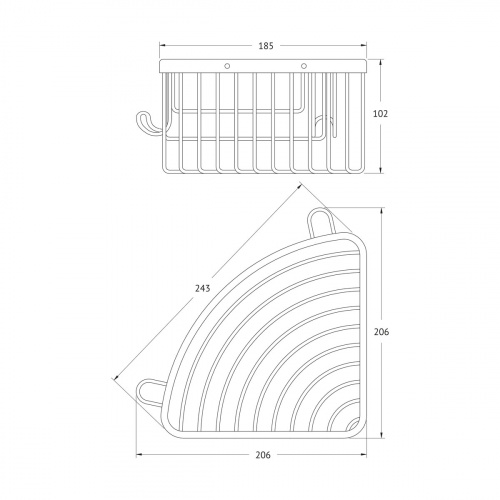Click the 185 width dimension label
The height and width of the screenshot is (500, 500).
[x=266, y=46]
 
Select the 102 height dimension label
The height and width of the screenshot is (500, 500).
[x=380, y=114]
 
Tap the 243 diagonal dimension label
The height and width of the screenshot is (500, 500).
[x=202, y=288]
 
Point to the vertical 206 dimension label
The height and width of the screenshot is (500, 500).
[x=381, y=332]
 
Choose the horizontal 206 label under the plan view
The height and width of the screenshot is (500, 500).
[x=263, y=455]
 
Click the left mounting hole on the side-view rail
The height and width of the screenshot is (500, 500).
[x=227, y=66]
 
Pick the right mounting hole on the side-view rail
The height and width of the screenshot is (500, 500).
[x=303, y=66]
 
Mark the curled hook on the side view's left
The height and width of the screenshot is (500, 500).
[x=147, y=124]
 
